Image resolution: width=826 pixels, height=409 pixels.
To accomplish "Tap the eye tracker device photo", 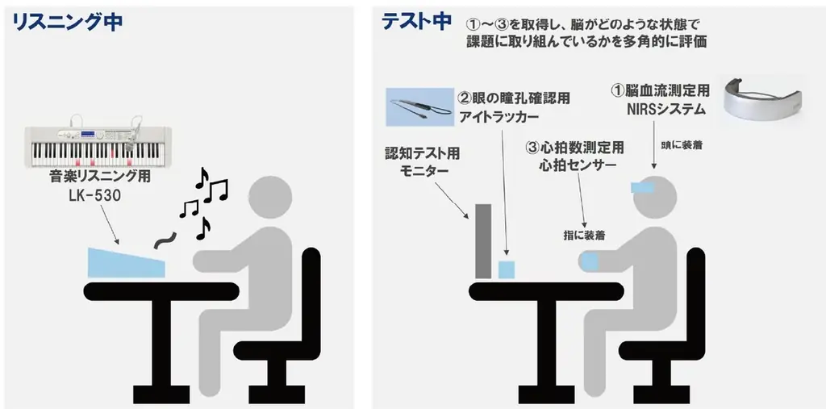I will [419, 106].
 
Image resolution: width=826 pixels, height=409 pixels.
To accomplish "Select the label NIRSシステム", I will [659, 108].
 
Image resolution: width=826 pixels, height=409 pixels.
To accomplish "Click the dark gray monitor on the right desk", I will [482, 241].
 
